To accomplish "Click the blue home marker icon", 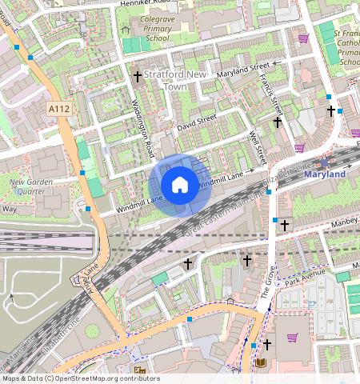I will point(180,186).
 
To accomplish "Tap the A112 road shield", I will point(58,109).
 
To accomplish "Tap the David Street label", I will point(197,122).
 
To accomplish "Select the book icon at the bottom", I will point(261,363).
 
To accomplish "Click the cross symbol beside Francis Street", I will point(278,122).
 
